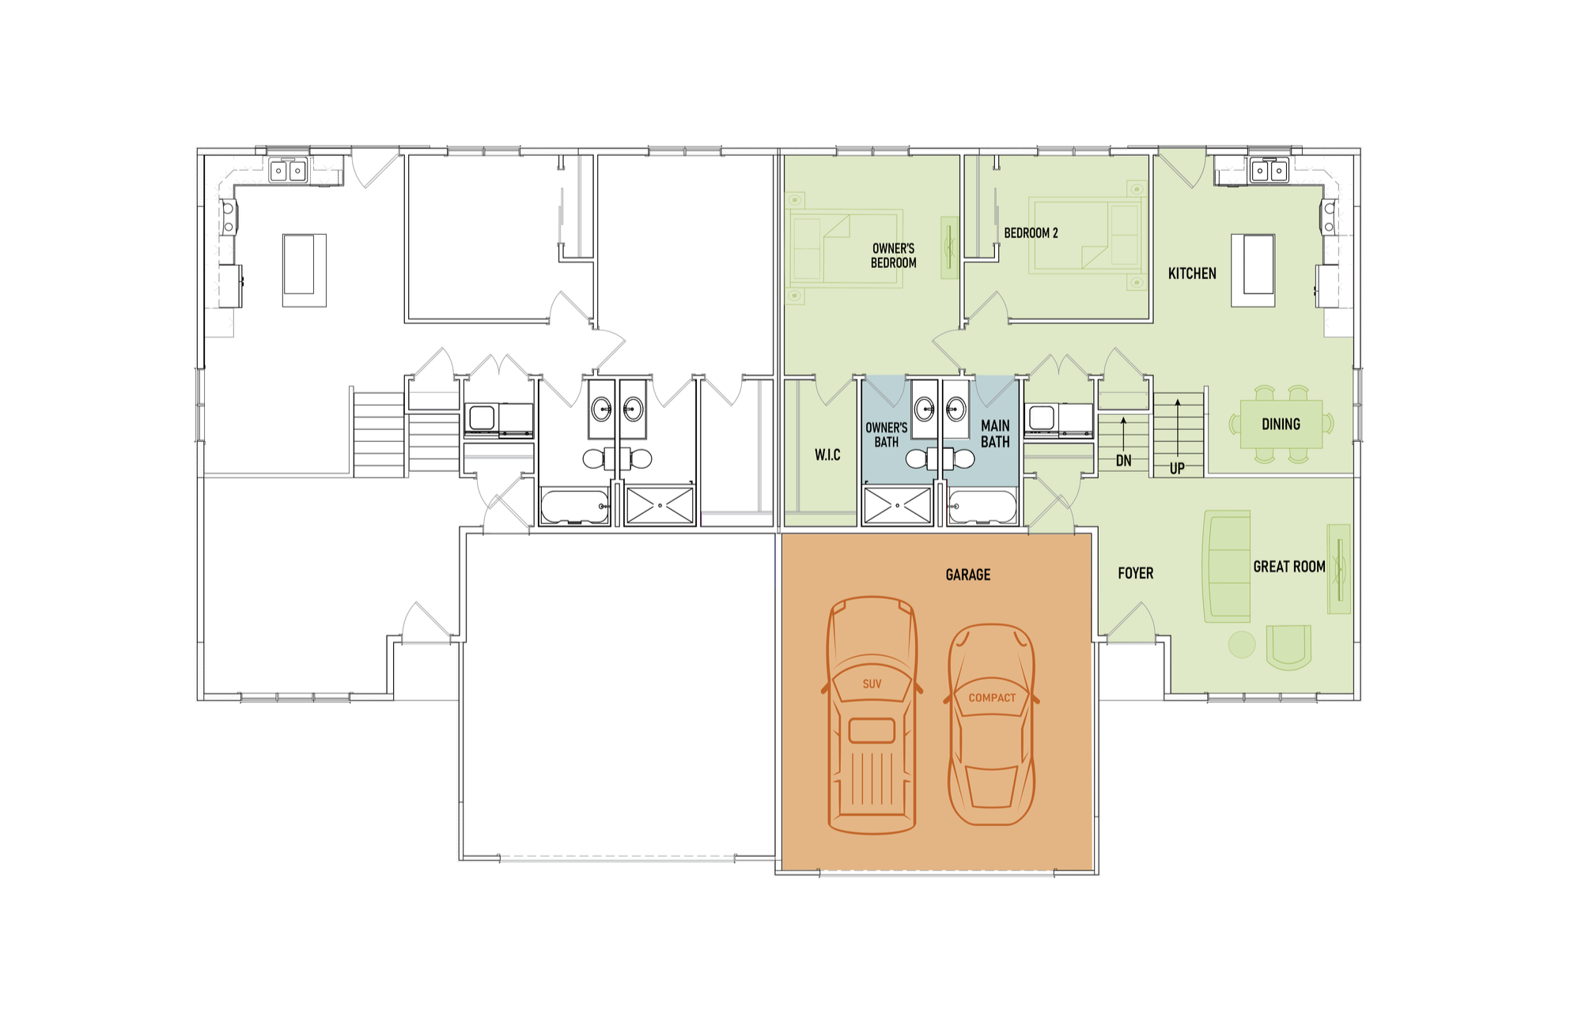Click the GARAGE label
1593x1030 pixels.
967,575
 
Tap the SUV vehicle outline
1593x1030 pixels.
872,715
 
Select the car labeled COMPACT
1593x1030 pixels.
991,725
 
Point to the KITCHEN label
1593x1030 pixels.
1192,274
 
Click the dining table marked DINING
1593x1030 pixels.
1281,424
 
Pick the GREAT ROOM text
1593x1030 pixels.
1288,567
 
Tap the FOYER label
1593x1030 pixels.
1135,573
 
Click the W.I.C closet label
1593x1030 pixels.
827,455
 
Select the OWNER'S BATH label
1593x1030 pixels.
886,435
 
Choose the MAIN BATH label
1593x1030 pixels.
995,434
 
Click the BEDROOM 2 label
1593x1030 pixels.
1031,233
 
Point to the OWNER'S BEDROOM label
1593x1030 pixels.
893,255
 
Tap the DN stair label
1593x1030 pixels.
1123,460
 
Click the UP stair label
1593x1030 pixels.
1177,468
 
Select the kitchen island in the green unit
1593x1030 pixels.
1252,270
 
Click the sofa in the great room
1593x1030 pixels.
1227,566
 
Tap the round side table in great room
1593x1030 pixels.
1242,644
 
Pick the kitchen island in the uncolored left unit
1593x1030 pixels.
305,270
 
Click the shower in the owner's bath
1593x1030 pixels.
898,505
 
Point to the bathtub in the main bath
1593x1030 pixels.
982,507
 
